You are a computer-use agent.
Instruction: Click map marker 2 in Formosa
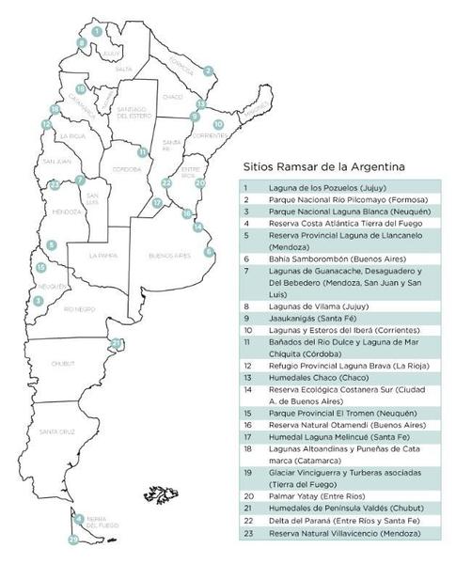[x=208, y=70]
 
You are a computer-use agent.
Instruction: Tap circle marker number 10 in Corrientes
[x=218, y=124]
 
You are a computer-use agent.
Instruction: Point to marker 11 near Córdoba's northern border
[x=142, y=151]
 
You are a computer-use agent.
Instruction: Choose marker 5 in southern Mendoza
[x=51, y=244]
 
